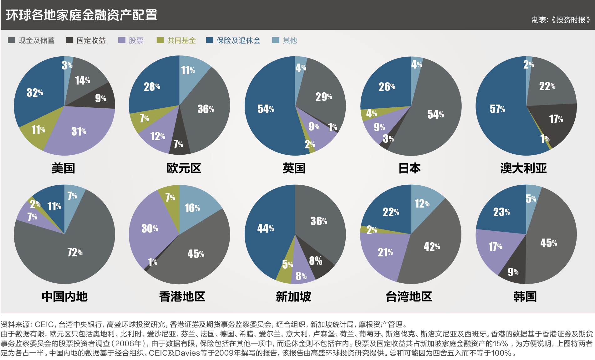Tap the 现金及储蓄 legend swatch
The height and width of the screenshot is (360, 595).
(x=11, y=40)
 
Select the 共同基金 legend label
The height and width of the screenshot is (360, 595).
(x=181, y=40)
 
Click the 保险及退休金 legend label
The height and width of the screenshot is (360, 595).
(x=238, y=40)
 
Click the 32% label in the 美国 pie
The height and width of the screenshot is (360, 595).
(x=34, y=93)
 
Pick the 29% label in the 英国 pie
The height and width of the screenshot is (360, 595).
(x=323, y=97)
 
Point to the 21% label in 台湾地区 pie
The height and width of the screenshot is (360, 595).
(x=385, y=252)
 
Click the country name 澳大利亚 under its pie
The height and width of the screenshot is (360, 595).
(x=523, y=168)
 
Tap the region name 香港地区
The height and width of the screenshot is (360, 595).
(x=182, y=296)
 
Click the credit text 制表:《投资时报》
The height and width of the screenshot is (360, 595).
(x=561, y=20)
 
